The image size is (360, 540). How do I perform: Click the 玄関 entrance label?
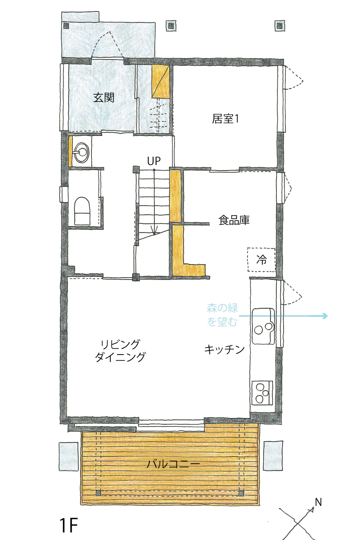click(x=103, y=98)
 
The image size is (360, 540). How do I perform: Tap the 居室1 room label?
click(x=225, y=119)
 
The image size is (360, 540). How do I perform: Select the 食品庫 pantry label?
click(x=234, y=220)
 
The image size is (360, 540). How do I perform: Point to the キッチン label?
click(x=224, y=349)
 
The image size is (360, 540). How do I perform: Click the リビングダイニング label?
click(x=120, y=351)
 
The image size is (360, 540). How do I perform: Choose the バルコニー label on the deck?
click(x=173, y=463)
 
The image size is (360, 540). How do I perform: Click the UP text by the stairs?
click(x=154, y=161)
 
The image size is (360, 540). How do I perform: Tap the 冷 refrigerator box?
click(x=261, y=260)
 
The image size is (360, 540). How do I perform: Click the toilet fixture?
click(x=82, y=211)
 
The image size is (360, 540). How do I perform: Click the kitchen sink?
click(x=263, y=326)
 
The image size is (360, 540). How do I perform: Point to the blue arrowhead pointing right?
click(x=325, y=315)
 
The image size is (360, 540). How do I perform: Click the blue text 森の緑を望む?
click(x=222, y=315)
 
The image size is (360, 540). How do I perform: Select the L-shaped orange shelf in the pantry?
click(x=186, y=251)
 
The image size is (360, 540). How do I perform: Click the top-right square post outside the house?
click(x=280, y=26)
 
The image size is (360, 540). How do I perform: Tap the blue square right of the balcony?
click(x=273, y=455)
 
